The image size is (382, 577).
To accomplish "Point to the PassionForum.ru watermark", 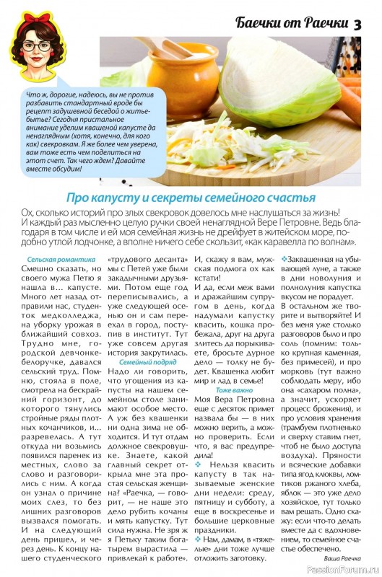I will click(344, 570).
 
